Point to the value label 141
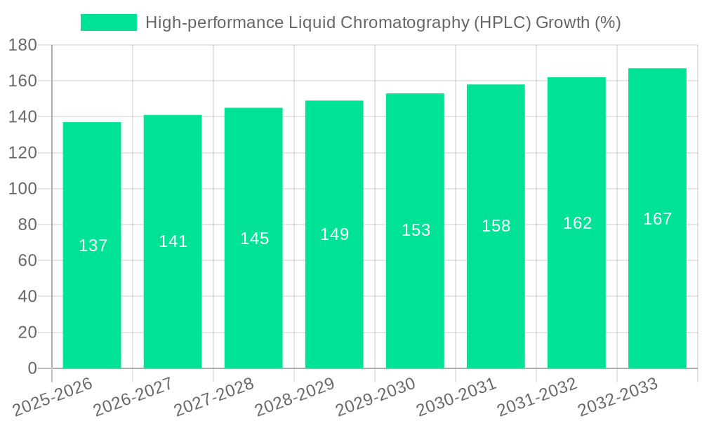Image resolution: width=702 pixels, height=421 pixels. pos(173,241)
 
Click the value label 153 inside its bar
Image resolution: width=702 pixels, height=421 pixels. pos(416,230)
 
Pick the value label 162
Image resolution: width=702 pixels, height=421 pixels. pos(577,223)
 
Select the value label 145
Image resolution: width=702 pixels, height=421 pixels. pos(254,239)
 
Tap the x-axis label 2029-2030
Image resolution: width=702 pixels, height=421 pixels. pos(376,396)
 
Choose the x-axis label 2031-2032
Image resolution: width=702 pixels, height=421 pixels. pos(538,396)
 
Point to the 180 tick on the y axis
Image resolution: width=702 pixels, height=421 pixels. pos(22,46)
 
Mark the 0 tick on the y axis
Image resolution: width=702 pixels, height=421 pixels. pos(32,368)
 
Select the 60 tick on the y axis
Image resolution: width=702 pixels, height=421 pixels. pos(27,261)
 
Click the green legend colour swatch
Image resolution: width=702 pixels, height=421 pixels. pos(109,22)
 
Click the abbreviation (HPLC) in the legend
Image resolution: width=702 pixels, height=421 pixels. pos(502,22)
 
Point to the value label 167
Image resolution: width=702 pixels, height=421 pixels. pos(657,219)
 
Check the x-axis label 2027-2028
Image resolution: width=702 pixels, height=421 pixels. pos(215,396)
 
